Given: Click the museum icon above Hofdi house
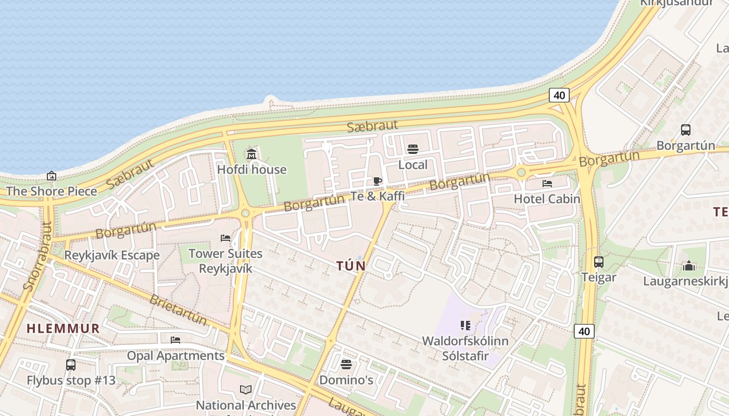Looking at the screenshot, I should [252, 154].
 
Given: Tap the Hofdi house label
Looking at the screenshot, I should [252, 170].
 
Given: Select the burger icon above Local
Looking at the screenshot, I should [413, 150].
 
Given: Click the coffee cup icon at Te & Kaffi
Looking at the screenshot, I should [378, 181].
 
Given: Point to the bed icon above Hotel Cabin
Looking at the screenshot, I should [547, 184].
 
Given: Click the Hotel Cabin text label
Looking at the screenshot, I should [547, 199].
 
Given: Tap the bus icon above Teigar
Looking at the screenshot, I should [599, 262].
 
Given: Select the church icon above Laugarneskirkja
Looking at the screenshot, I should [689, 266].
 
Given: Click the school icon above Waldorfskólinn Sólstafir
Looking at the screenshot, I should [466, 326].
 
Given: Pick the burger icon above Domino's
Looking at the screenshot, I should [346, 364].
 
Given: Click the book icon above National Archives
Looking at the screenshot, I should [246, 389].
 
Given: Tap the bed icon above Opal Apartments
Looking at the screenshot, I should [175, 340].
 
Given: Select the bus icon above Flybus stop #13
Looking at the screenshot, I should [71, 365].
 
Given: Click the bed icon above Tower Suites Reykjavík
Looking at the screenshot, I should [225, 238].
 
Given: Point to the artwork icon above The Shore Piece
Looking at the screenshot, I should [52, 176].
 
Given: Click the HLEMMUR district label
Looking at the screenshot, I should [63, 329].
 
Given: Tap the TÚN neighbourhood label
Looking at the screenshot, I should [351, 266].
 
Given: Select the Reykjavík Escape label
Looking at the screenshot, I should [112, 255].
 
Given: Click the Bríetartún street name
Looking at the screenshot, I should [178, 308].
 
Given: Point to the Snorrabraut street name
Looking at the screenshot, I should [38, 257].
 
